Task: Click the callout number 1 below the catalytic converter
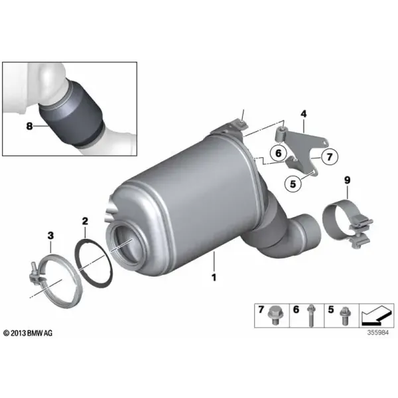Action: click(214, 277)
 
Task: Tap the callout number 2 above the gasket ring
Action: click(85, 221)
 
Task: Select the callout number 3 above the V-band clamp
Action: click(51, 235)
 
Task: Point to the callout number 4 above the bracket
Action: click(304, 114)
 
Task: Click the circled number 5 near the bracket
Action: click(293, 183)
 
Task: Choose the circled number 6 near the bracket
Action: click(279, 153)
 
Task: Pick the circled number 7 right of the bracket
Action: click(330, 157)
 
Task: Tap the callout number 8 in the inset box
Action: click(29, 125)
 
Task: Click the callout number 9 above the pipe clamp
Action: click(347, 180)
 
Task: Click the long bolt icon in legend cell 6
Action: click(311, 316)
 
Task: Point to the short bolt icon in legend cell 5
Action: click(345, 316)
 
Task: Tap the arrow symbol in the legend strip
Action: click(375, 316)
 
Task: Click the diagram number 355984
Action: click(378, 332)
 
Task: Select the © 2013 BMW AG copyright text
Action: click(28, 333)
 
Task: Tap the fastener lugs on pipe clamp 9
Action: click(360, 232)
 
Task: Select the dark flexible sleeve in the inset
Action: click(71, 114)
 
